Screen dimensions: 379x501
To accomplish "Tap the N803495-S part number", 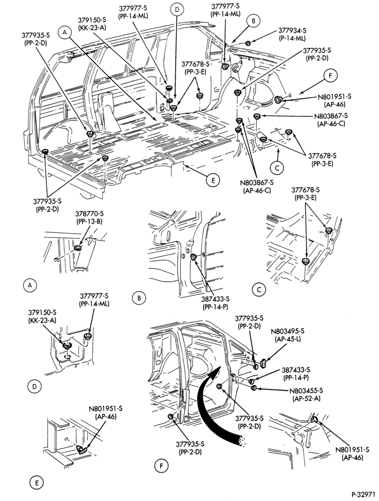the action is pyautogui.click(x=288, y=331).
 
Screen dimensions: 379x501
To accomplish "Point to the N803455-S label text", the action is pyautogui.click(x=306, y=390).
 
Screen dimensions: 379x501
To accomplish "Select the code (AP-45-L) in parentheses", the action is pyautogui.click(x=288, y=339).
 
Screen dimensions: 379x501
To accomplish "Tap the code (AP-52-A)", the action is pyautogui.click(x=306, y=398).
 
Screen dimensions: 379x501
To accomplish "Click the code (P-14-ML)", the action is pyautogui.click(x=292, y=39).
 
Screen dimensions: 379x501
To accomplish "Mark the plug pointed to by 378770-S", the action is pyautogui.click(x=77, y=248).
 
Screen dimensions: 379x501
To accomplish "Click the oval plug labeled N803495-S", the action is pyautogui.click(x=264, y=363).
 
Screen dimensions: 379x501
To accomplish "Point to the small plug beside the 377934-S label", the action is pyautogui.click(x=248, y=43).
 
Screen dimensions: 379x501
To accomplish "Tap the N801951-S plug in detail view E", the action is pyautogui.click(x=81, y=450).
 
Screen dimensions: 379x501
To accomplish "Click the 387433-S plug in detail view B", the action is pyautogui.click(x=194, y=258).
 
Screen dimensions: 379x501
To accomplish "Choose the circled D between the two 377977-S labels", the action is pyautogui.click(x=176, y=10).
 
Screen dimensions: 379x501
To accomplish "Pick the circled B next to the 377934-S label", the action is pyautogui.click(x=253, y=21).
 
